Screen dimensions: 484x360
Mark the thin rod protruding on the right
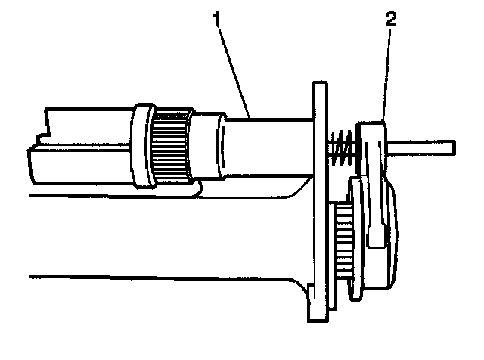pos(423,144)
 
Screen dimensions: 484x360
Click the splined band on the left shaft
pos(171,146)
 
